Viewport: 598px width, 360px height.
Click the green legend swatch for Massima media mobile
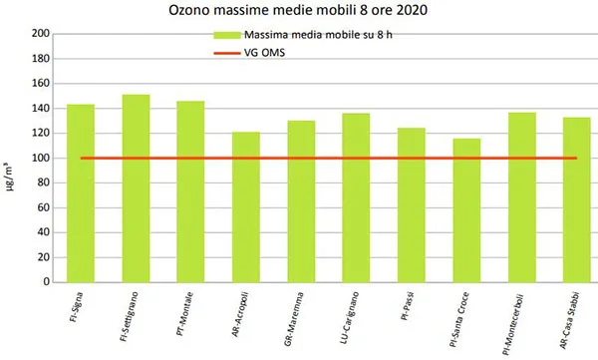click(227, 36)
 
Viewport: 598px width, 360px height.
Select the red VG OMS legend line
click(227, 52)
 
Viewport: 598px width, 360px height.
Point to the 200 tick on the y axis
click(40, 34)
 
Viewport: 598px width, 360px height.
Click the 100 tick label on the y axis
click(40, 158)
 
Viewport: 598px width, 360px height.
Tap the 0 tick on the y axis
click(46, 282)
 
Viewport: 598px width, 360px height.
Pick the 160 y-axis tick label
click(40, 84)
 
